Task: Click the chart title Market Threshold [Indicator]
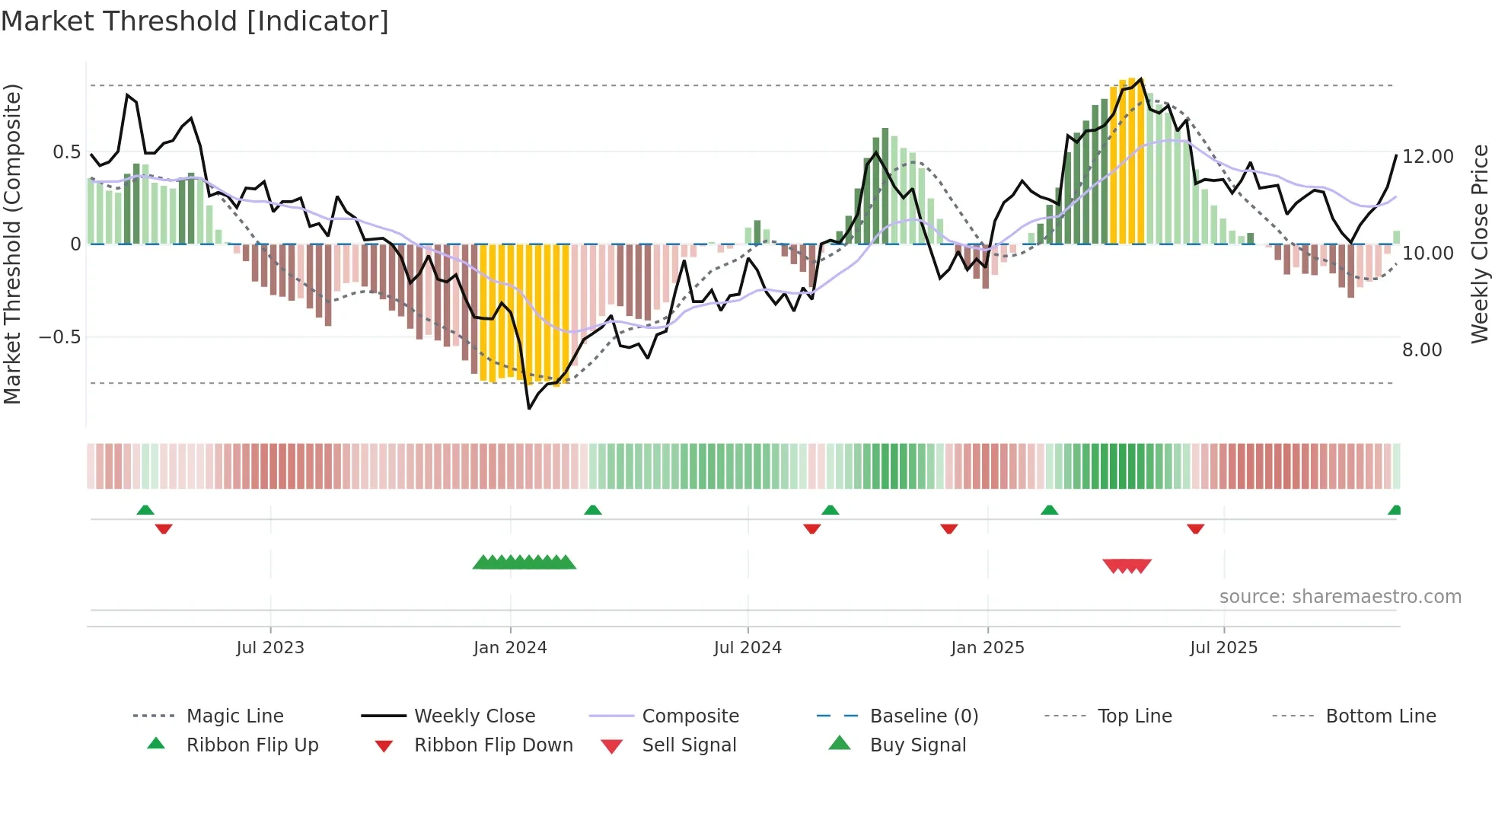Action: (x=195, y=21)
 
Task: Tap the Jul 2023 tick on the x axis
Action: (x=270, y=647)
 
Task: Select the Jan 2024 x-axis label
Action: (x=510, y=647)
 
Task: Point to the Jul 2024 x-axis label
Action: (x=748, y=647)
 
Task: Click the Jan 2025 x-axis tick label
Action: (x=987, y=647)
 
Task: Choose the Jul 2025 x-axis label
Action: (x=1223, y=647)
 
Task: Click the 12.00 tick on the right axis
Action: (x=1427, y=156)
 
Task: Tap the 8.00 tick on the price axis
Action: (x=1422, y=349)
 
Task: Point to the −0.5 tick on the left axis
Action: (x=60, y=337)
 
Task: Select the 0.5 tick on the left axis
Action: (x=67, y=152)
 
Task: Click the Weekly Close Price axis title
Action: (x=1479, y=244)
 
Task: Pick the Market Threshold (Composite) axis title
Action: (x=12, y=244)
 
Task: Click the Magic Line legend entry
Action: (x=234, y=716)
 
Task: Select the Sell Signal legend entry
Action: (x=689, y=745)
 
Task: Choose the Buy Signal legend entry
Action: (x=917, y=745)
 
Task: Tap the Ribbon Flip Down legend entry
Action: (x=493, y=745)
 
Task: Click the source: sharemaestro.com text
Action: (x=1340, y=596)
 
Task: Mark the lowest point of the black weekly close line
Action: (x=529, y=409)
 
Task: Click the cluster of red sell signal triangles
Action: (x=1127, y=566)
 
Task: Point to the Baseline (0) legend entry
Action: (x=923, y=716)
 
